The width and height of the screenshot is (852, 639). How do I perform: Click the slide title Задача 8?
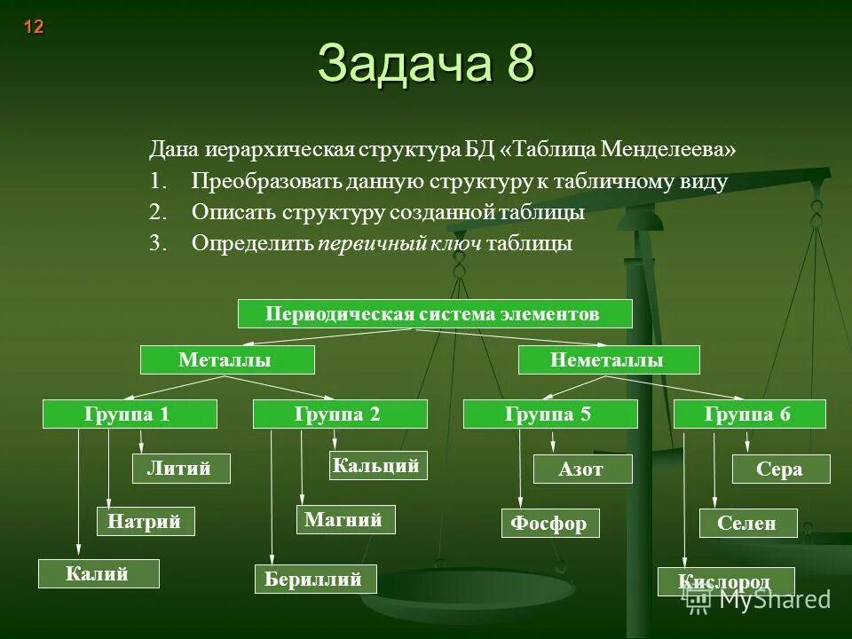[x=426, y=64]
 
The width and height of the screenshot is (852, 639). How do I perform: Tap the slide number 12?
[x=33, y=27]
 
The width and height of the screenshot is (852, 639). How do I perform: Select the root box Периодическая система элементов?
[x=435, y=314]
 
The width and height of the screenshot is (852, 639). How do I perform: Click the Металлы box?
[x=228, y=359]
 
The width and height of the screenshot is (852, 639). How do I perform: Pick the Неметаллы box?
[x=609, y=359]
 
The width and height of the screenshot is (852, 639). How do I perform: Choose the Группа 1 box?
[x=130, y=414]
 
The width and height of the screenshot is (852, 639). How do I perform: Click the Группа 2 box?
[x=340, y=414]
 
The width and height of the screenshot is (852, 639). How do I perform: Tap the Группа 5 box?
[x=550, y=414]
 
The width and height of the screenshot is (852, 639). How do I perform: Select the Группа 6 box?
[x=750, y=414]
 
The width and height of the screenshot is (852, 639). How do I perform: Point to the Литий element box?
[x=181, y=469]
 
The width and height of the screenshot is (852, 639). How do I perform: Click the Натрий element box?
[x=145, y=522]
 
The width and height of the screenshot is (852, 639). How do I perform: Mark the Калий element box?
[x=99, y=574]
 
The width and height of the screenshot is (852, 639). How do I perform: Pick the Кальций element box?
[x=378, y=465]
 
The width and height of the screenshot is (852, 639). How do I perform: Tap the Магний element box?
[x=345, y=520]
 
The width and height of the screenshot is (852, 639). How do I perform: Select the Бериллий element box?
[x=315, y=580]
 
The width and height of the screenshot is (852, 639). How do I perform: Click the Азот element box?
[x=582, y=469]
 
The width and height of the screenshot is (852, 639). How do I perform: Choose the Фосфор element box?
[x=550, y=524]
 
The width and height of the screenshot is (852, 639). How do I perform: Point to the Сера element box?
[x=781, y=469]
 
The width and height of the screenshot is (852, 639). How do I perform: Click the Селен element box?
[x=748, y=524]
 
